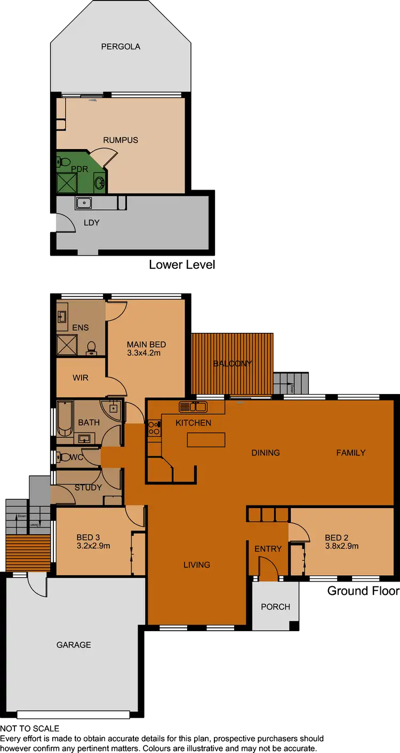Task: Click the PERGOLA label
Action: click(x=121, y=47)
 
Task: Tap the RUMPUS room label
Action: click(x=121, y=140)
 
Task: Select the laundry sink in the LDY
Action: click(x=83, y=203)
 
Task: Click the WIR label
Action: click(x=81, y=378)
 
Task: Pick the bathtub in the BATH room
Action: click(x=64, y=419)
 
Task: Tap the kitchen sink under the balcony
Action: click(x=193, y=407)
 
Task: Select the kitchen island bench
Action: click(x=206, y=440)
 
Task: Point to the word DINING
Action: click(x=266, y=453)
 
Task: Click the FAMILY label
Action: click(x=351, y=453)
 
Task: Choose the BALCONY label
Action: click(x=232, y=364)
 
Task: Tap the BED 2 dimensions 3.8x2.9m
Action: click(x=342, y=546)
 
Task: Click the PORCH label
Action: click(x=275, y=607)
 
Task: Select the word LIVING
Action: click(x=197, y=564)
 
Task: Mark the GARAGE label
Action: click(x=74, y=645)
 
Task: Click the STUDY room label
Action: click(x=88, y=487)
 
